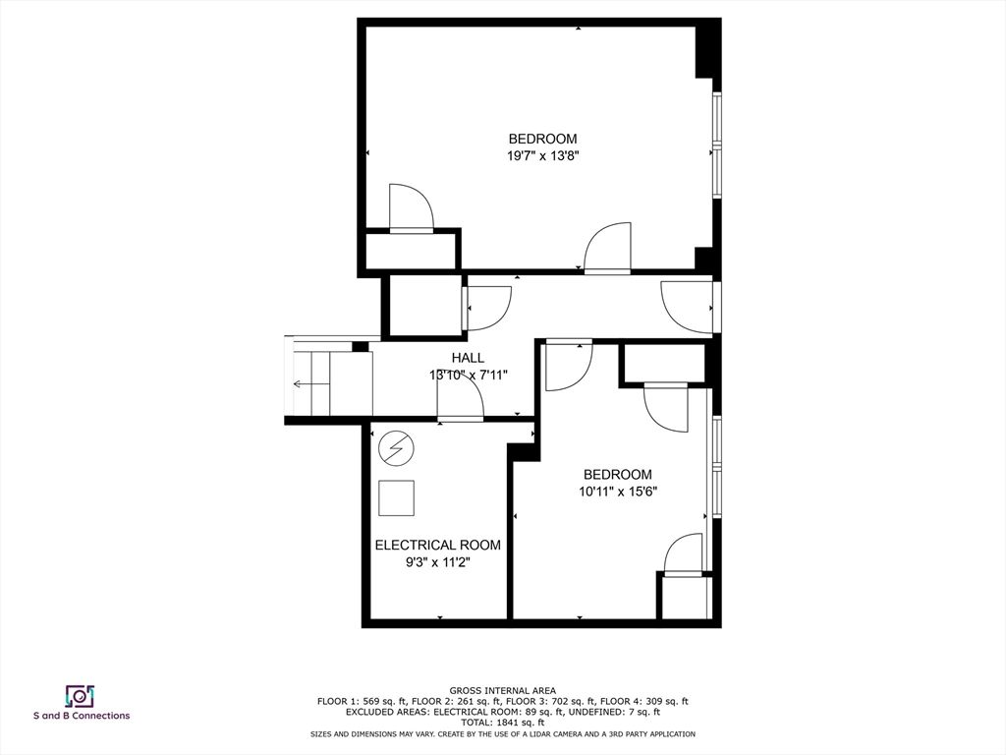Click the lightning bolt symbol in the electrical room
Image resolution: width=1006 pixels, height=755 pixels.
[396, 447]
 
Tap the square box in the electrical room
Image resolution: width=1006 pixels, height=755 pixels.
[397, 498]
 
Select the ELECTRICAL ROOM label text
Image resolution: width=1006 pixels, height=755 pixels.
[437, 545]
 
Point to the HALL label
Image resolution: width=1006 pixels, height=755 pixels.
[468, 358]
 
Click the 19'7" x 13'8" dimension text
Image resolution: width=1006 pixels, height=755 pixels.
[542, 155]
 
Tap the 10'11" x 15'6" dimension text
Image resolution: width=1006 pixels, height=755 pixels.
[618, 492]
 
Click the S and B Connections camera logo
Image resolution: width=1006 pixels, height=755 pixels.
[81, 696]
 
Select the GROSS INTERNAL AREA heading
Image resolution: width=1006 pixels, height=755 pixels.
[502, 691]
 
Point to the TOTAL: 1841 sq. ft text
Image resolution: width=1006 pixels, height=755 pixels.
[502, 723]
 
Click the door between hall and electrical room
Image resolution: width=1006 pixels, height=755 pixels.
[460, 399]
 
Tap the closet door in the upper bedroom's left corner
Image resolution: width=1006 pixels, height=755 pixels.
[412, 208]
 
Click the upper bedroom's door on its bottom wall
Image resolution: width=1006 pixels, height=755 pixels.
[607, 249]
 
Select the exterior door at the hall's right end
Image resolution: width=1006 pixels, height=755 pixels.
[688, 308]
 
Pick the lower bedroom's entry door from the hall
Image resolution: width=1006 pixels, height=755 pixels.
[569, 366]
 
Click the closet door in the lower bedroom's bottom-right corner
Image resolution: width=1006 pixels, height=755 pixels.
[684, 554]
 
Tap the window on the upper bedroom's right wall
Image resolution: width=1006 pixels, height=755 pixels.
[717, 145]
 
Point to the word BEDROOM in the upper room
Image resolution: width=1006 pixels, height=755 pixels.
[542, 139]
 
